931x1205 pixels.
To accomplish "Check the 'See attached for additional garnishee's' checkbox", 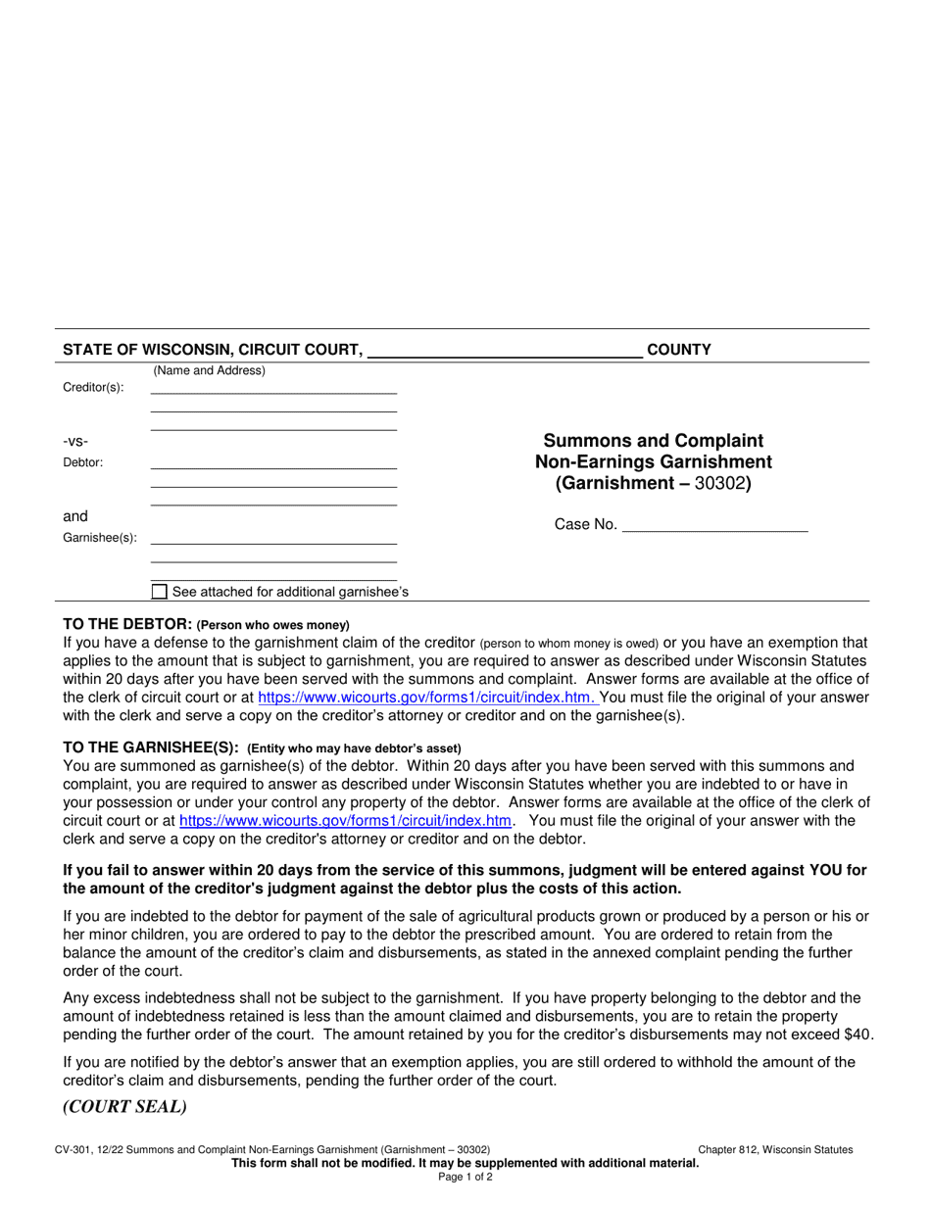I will click(x=159, y=592).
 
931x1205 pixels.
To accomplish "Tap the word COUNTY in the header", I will click(x=679, y=349).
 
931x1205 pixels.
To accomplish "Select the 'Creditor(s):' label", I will click(x=93, y=387).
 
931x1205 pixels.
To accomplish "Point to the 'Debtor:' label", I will click(x=83, y=462).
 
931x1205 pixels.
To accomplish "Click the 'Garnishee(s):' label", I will click(x=100, y=538).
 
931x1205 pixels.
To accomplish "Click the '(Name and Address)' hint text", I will click(x=209, y=371).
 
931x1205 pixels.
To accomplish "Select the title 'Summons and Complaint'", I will click(x=653, y=440).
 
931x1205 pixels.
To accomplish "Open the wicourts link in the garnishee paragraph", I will click(x=346, y=820).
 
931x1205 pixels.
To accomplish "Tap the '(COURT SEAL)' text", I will click(x=124, y=1107).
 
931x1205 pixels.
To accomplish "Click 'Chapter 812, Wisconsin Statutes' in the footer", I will click(x=775, y=1150).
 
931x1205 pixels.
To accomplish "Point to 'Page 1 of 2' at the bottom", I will click(x=465, y=1177).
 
